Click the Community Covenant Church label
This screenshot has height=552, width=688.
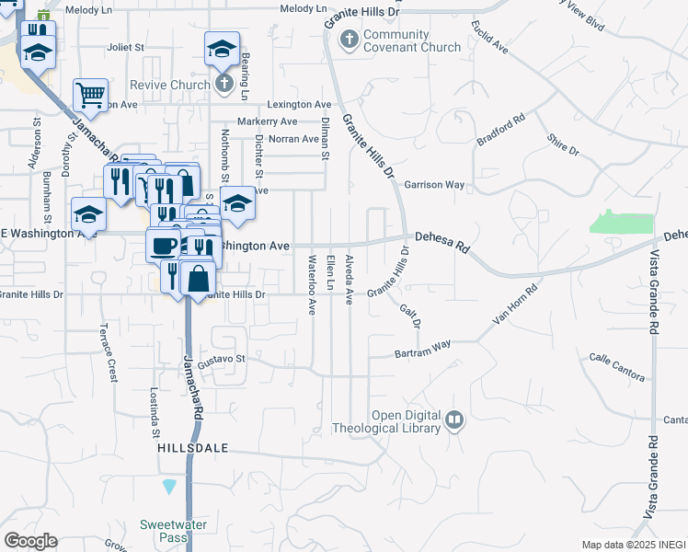(x=396, y=41)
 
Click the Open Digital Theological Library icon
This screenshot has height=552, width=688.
(x=454, y=421)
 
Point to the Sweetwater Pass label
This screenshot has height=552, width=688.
(x=173, y=531)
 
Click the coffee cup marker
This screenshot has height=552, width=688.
(x=164, y=246)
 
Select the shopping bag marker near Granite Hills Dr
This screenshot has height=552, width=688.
(x=199, y=275)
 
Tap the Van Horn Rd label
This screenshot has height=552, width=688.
(x=515, y=305)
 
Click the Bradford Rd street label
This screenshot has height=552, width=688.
(x=500, y=129)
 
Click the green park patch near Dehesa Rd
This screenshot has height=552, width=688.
(x=622, y=222)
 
